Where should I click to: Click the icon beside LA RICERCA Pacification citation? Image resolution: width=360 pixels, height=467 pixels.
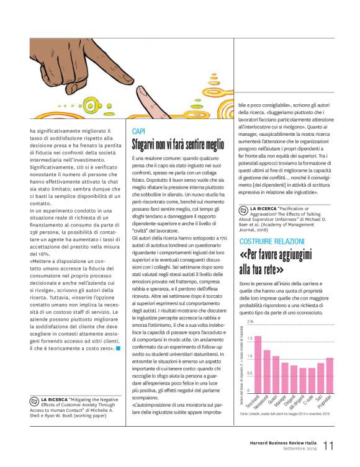(x=243, y=210)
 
